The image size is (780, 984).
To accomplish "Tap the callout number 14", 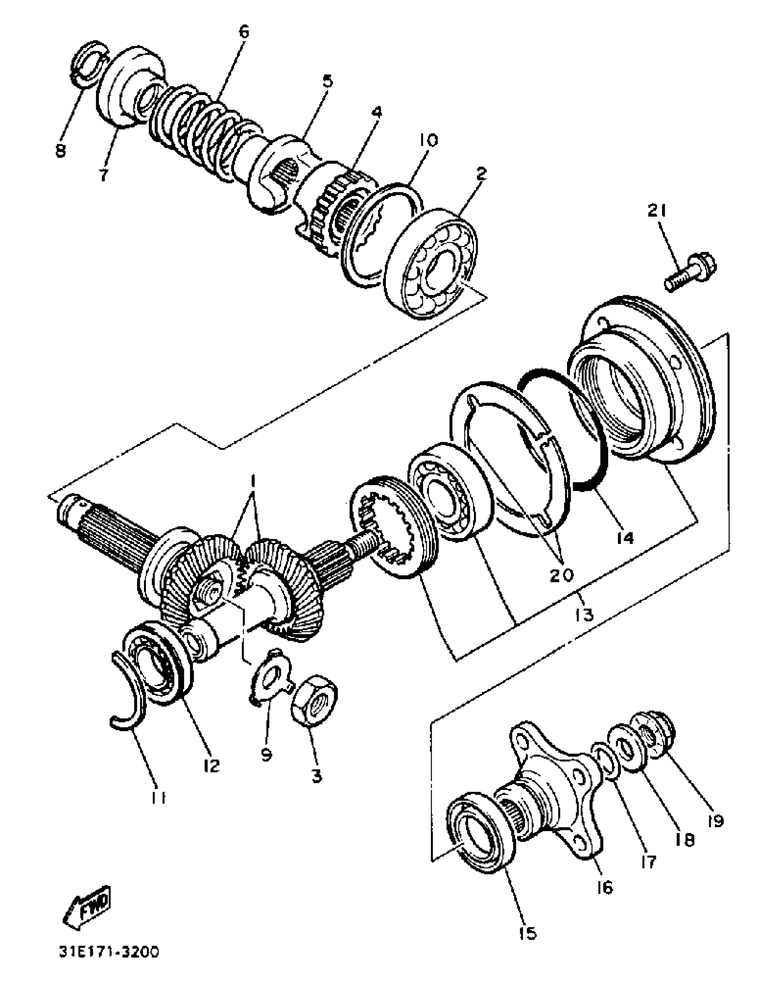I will click(625, 537).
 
